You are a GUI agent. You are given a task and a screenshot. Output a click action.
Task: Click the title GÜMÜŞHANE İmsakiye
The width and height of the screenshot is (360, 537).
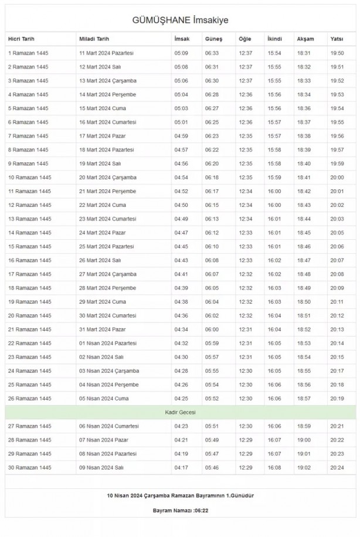[180, 21]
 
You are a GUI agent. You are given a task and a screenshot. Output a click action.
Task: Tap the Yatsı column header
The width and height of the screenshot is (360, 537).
[337, 39]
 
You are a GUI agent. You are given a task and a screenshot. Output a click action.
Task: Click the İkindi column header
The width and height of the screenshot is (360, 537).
[274, 39]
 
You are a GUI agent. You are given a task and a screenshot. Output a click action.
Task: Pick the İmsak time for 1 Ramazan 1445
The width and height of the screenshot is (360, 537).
[181, 53]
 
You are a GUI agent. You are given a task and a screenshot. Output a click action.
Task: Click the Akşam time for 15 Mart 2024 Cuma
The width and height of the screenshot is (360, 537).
[304, 108]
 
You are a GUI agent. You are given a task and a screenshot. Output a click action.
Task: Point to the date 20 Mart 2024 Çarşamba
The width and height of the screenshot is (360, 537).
[108, 178]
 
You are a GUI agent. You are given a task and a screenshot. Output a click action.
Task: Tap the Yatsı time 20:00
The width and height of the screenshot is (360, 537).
[337, 178]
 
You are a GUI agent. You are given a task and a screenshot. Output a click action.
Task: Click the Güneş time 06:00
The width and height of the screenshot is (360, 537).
[212, 329]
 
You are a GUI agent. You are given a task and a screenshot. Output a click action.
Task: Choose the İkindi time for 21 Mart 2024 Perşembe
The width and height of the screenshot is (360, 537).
[274, 191]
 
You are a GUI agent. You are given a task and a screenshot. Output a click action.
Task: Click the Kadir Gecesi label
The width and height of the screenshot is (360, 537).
[180, 413]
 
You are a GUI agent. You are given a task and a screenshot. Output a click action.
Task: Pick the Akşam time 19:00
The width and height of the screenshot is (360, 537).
[304, 440]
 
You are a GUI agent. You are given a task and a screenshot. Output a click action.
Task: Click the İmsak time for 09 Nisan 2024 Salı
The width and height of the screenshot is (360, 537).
[181, 467]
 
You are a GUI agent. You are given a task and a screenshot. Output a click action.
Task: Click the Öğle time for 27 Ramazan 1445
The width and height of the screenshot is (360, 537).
[246, 426]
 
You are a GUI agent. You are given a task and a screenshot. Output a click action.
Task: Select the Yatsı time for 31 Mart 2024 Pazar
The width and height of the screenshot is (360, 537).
[337, 329]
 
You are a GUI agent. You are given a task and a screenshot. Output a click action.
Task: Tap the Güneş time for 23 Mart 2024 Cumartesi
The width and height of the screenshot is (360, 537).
[212, 219]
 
